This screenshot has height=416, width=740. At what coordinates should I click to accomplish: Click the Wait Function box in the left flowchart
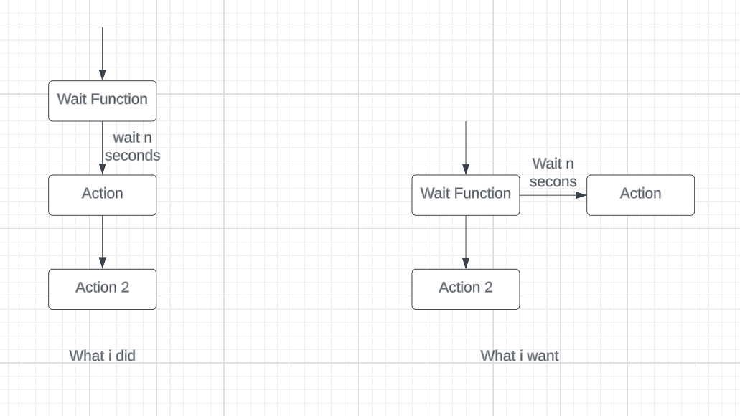pyautogui.click(x=102, y=100)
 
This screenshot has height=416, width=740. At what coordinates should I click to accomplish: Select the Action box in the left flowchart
pyautogui.click(x=102, y=194)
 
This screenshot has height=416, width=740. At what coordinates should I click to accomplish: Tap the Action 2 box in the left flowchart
pyautogui.click(x=102, y=288)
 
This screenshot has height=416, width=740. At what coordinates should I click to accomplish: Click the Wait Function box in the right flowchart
pyautogui.click(x=465, y=194)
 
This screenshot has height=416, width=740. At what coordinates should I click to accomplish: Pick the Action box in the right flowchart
pyautogui.click(x=640, y=194)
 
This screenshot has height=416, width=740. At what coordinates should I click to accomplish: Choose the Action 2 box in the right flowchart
pyautogui.click(x=465, y=288)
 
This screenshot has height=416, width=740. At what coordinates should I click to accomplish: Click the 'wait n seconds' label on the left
pyautogui.click(x=132, y=146)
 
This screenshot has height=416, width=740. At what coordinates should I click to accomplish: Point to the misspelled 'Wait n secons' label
pyautogui.click(x=553, y=173)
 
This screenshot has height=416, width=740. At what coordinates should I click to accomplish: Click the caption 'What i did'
pyautogui.click(x=102, y=355)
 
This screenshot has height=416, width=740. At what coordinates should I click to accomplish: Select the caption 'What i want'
pyautogui.click(x=519, y=355)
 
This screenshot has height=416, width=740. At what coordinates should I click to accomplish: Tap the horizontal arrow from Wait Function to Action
pyautogui.click(x=553, y=194)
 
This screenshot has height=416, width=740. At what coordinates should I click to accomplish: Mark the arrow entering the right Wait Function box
pyautogui.click(x=466, y=147)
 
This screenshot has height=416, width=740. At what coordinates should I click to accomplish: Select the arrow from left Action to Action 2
pyautogui.click(x=102, y=242)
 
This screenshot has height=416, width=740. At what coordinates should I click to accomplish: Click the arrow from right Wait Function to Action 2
pyautogui.click(x=466, y=242)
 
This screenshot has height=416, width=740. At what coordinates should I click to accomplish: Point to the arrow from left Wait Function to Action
pyautogui.click(x=102, y=148)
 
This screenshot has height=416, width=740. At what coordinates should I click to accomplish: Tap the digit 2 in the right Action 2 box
pyautogui.click(x=488, y=288)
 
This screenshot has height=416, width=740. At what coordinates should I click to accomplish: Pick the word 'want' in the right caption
pyautogui.click(x=543, y=355)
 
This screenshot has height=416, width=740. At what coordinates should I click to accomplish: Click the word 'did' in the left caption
pyautogui.click(x=123, y=355)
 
